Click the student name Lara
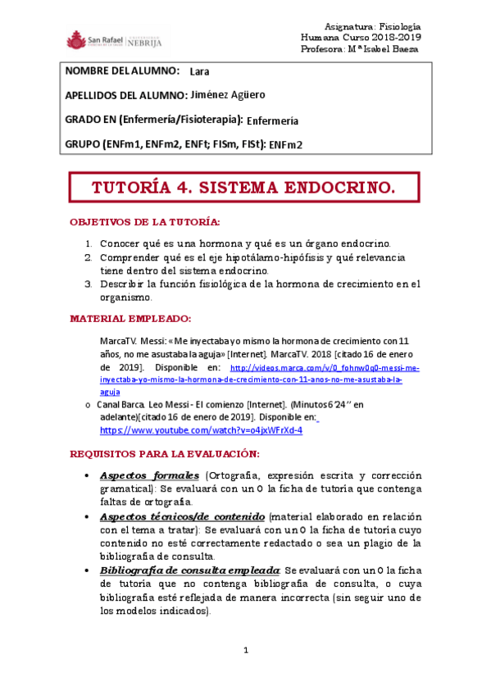199,70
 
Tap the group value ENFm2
285,145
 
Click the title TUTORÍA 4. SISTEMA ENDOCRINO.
243,189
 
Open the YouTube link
201,430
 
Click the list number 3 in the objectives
89,285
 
